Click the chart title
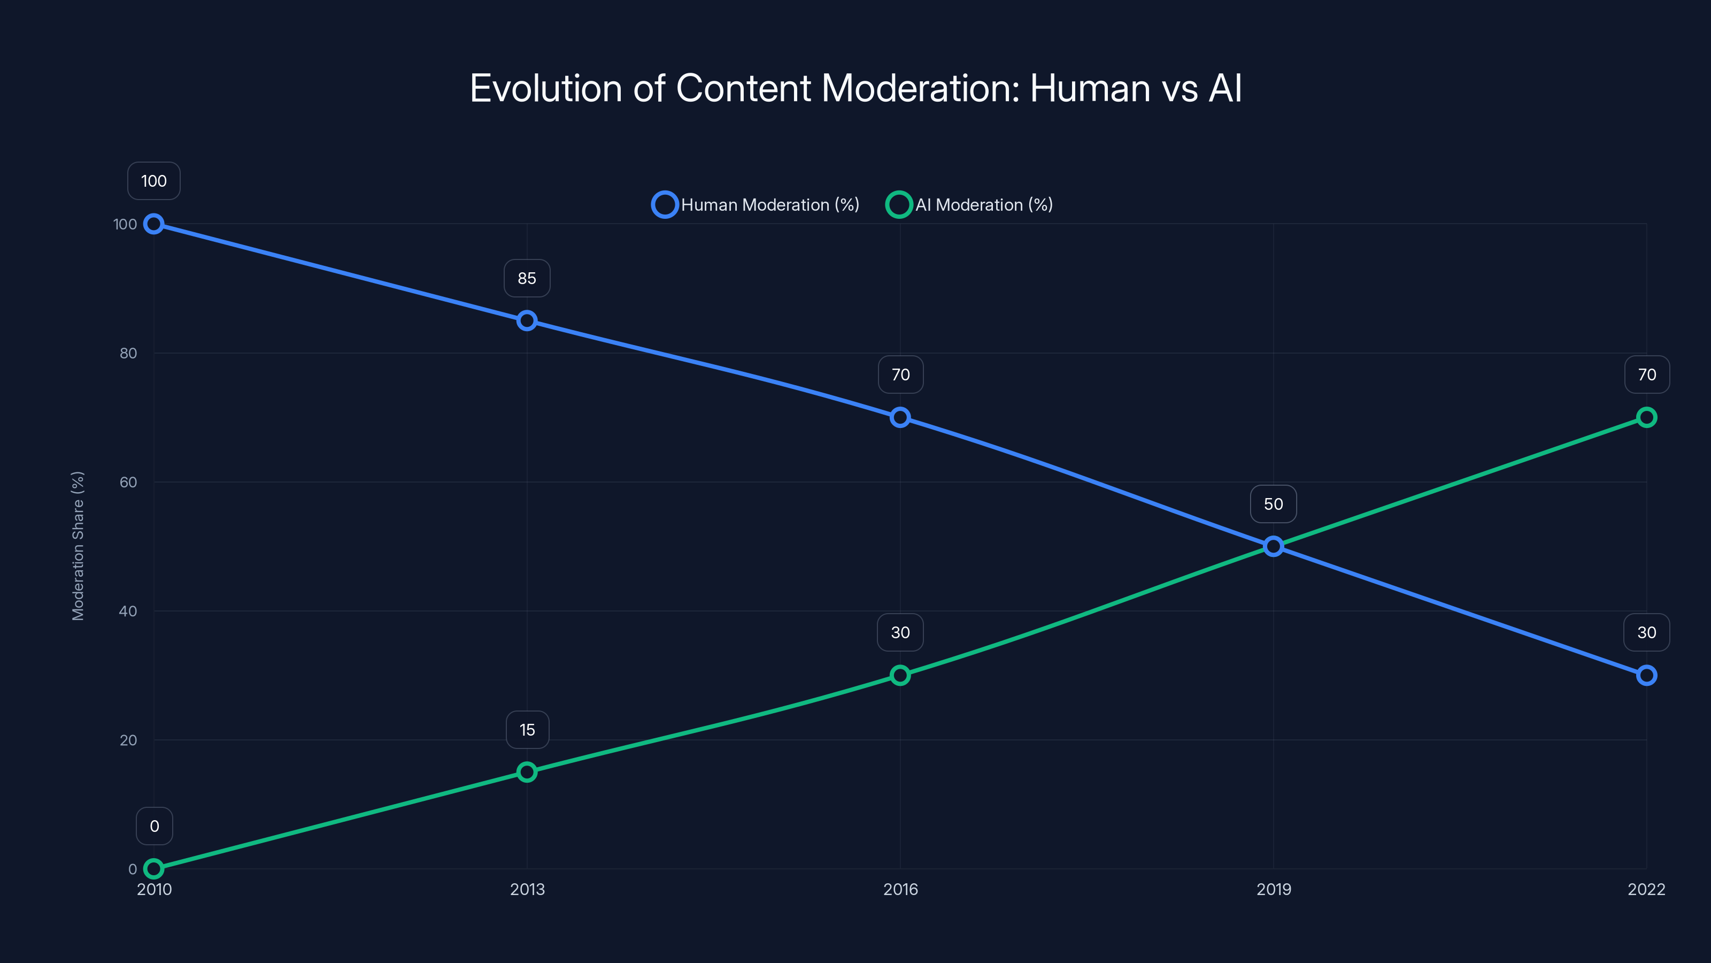(x=855, y=88)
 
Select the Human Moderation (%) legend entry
(x=756, y=205)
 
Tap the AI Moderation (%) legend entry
(x=970, y=205)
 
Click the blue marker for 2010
(x=154, y=224)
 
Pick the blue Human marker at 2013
(x=527, y=321)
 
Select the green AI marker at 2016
(x=900, y=675)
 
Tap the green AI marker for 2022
(x=1647, y=417)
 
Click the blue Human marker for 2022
(x=1647, y=675)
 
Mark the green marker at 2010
(x=154, y=869)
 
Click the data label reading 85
(x=527, y=278)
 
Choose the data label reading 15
(x=527, y=730)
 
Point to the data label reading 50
(x=1273, y=504)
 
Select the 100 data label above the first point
(x=154, y=181)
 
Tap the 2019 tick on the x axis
(x=1273, y=889)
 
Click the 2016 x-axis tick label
(x=900, y=889)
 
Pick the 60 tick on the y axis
(x=128, y=482)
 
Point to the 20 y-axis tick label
(x=128, y=740)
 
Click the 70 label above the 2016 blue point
(x=900, y=375)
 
